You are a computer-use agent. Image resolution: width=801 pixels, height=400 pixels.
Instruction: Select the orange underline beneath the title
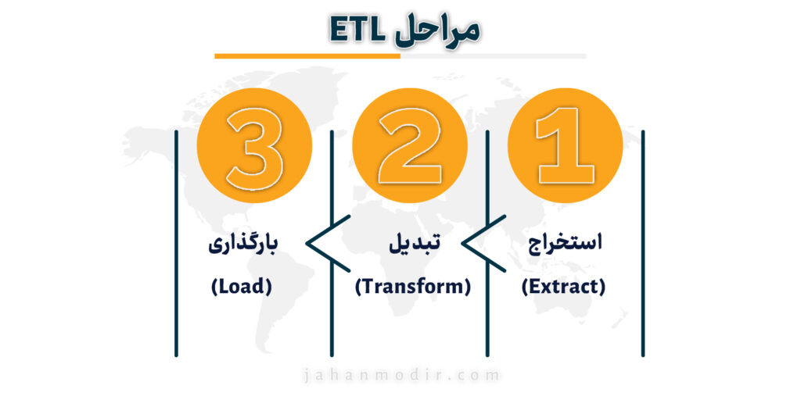pos(307,56)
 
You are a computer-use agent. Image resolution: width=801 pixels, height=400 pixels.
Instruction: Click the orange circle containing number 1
pos(565,145)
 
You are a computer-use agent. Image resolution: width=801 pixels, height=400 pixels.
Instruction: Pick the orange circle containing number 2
pos(410,145)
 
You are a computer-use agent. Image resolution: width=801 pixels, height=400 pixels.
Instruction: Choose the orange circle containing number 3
pos(254,145)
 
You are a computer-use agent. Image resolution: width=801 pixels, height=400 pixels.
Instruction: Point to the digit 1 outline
pos(565,145)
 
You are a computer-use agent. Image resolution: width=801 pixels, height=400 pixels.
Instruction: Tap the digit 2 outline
pos(408,145)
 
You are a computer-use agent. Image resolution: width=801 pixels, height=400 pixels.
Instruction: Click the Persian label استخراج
pos(565,243)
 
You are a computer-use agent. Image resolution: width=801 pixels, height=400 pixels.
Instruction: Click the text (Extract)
pos(563,287)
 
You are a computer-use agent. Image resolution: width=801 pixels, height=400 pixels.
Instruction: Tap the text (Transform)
pos(412,287)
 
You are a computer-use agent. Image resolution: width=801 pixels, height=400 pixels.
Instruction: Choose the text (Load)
pos(242,287)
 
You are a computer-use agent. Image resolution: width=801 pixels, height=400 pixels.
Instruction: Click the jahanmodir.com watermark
pos(400,377)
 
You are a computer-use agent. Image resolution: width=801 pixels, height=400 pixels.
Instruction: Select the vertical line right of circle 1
pos(643,244)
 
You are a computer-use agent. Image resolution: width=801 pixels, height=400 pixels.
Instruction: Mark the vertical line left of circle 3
pos(176,244)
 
